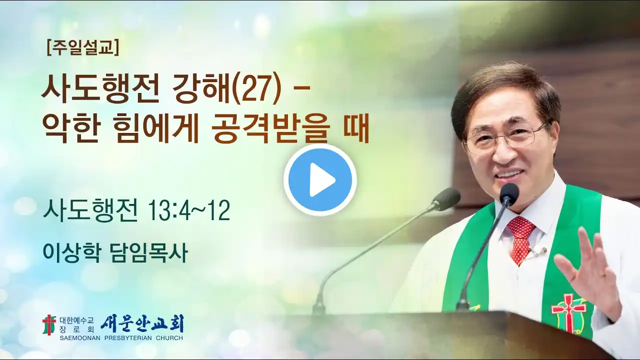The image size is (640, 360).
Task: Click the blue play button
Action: click(320, 179)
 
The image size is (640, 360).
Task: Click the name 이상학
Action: click(72, 253)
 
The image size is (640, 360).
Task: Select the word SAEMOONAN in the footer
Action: click(80, 338)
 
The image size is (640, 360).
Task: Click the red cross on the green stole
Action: click(568, 313)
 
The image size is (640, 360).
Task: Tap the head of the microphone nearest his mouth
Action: click(509, 192)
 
